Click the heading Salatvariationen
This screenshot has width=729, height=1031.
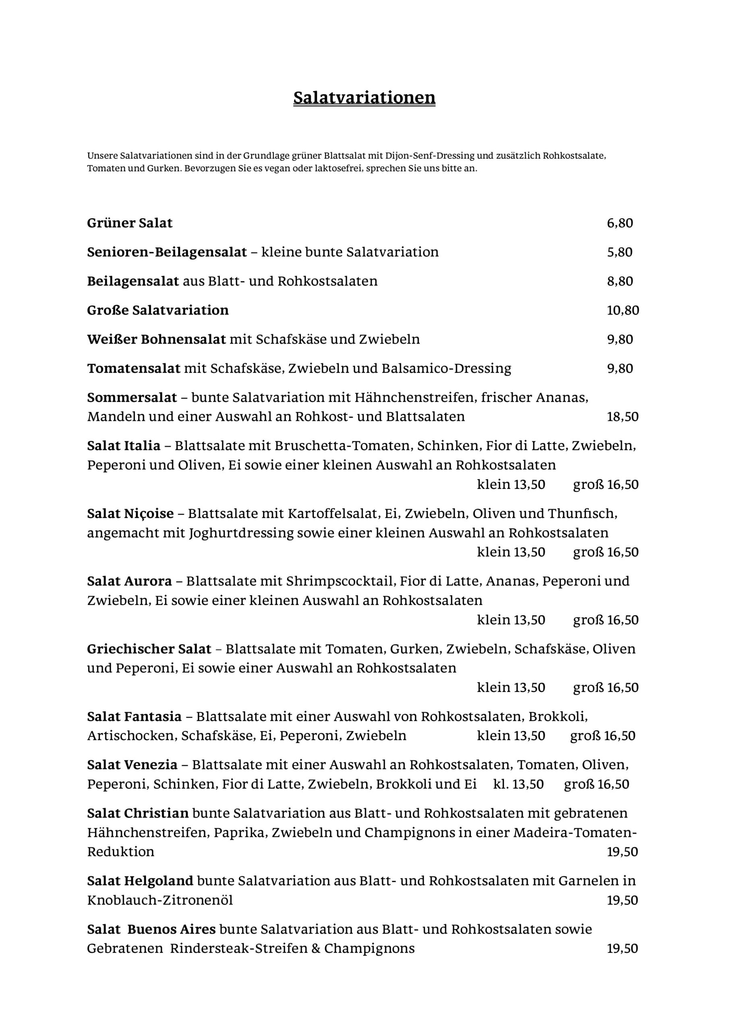click(364, 97)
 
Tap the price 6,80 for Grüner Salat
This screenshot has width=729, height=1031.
click(620, 223)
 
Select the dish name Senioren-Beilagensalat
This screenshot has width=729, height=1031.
click(167, 253)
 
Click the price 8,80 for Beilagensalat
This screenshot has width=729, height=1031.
click(620, 282)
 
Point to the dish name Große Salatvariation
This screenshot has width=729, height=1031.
click(157, 310)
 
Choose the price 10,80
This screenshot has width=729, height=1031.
click(623, 310)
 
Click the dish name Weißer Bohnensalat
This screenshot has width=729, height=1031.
click(156, 340)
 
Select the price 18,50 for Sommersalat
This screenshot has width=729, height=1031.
click(623, 417)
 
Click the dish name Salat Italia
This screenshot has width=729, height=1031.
click(124, 446)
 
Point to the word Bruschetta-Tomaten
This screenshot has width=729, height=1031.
click(344, 446)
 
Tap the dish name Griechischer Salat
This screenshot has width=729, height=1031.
click(149, 649)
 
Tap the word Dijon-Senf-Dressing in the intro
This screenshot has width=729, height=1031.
click(430, 156)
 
